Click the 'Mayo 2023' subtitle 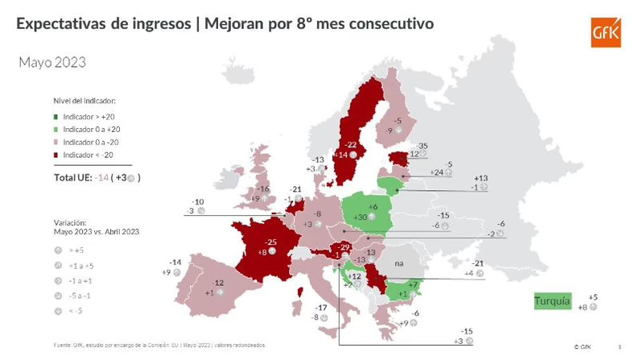tap(52, 62)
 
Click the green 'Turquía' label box tap(552, 302)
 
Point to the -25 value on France tap(273, 242)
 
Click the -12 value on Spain tap(217, 283)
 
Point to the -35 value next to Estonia tap(423, 147)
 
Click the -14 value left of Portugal tap(175, 263)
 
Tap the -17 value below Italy tap(322, 308)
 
